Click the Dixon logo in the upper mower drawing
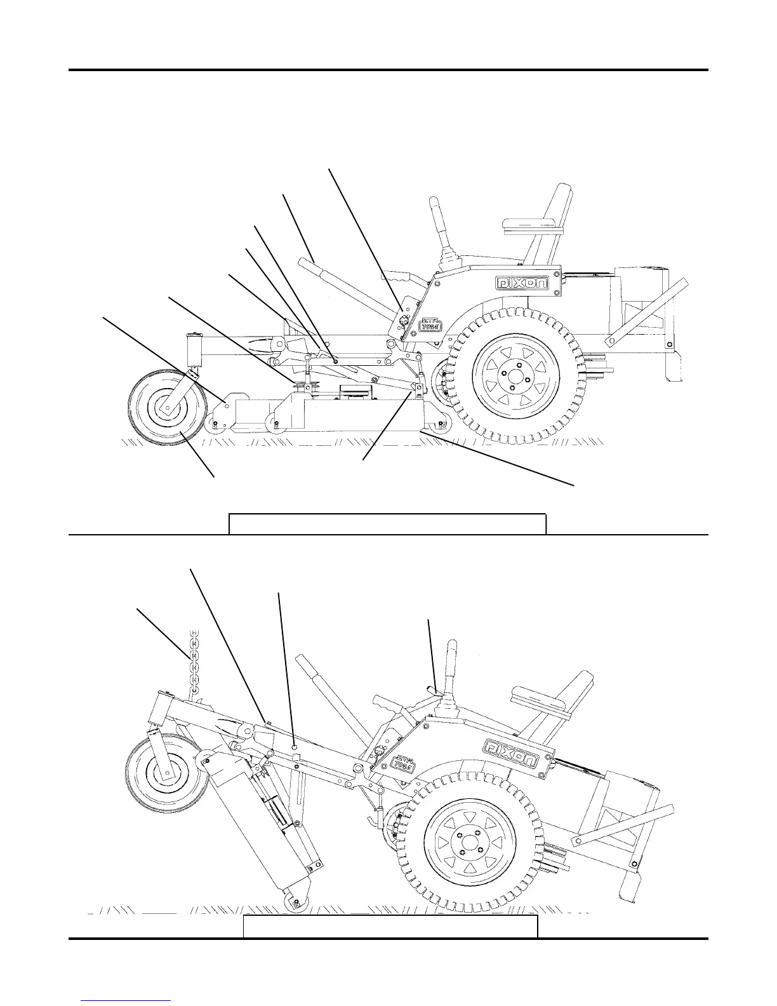pyautogui.click(x=523, y=283)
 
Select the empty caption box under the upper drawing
pyautogui.click(x=387, y=524)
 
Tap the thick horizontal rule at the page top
pyautogui.click(x=388, y=69)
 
